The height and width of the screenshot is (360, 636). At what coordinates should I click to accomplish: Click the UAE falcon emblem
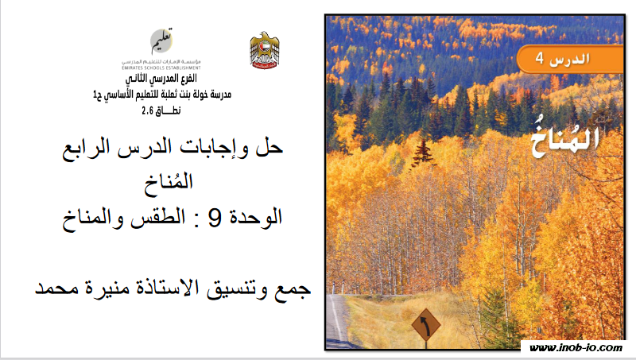(264, 50)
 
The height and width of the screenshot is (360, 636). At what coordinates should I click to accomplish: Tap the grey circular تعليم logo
(162, 41)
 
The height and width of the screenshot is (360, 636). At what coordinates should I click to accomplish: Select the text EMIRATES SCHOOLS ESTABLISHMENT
(161, 68)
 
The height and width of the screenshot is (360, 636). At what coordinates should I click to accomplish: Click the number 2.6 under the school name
(147, 110)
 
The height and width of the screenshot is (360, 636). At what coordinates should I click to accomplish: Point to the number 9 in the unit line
(215, 217)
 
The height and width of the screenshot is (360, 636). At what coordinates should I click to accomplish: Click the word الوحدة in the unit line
(255, 217)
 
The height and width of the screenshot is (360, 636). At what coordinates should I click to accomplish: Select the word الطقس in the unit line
(158, 218)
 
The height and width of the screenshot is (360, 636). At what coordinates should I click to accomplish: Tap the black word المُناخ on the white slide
(169, 184)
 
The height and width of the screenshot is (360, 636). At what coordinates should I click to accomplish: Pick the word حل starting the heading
(270, 148)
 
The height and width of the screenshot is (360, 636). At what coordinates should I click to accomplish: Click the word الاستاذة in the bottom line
(167, 288)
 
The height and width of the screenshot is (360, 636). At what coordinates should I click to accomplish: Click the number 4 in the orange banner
(539, 58)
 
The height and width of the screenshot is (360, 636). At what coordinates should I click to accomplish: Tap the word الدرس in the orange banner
(569, 59)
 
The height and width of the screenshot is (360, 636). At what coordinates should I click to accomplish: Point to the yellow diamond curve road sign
(426, 325)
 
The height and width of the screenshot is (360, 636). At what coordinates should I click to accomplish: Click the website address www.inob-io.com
(576, 348)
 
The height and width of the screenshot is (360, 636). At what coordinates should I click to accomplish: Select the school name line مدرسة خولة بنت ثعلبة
(162, 95)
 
